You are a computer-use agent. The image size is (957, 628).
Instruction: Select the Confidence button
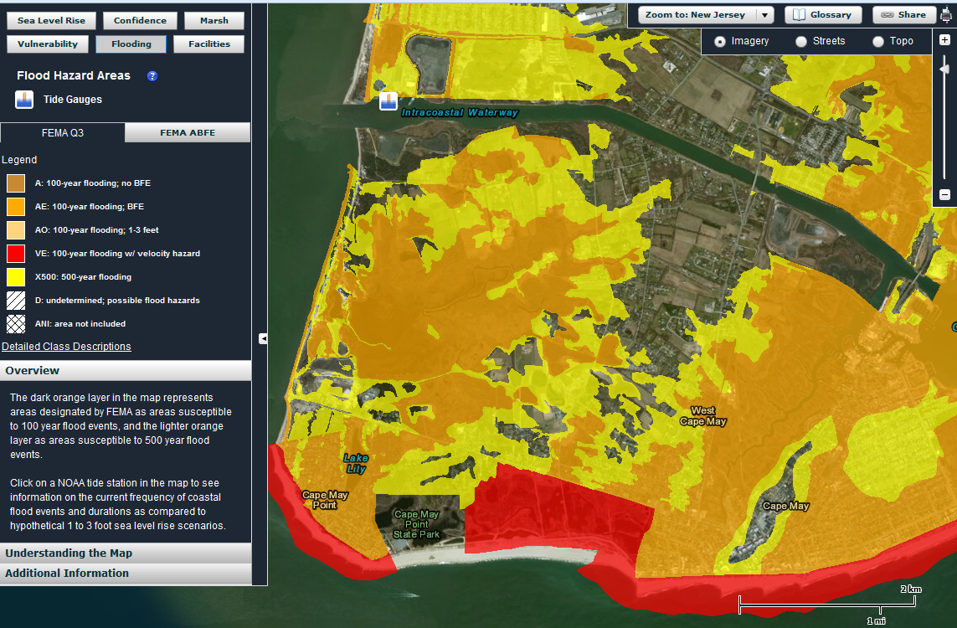[x=140, y=20]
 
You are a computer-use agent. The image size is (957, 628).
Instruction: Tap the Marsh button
[x=214, y=20]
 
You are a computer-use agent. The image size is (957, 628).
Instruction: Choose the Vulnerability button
[x=48, y=44]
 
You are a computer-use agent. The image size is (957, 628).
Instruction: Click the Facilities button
[x=208, y=44]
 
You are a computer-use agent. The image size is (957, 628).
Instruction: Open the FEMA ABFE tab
[x=188, y=132]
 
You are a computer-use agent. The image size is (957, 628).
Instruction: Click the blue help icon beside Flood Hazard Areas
[x=152, y=75]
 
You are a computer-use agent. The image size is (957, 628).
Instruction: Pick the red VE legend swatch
[x=16, y=253]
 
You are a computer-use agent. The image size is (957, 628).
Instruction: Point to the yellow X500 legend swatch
[x=16, y=276]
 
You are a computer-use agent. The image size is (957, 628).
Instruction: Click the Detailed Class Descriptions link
[x=66, y=347]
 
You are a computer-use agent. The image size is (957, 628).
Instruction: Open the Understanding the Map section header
[x=69, y=553]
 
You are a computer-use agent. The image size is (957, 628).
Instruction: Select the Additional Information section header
[x=67, y=574]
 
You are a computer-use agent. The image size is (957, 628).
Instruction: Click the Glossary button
[x=822, y=14]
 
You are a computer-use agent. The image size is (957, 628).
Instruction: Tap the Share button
[x=903, y=14]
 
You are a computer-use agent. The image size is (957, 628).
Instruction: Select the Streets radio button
[x=801, y=41]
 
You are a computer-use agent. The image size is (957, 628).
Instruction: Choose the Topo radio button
[x=878, y=41]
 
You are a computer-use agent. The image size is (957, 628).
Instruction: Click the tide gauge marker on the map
[x=388, y=101]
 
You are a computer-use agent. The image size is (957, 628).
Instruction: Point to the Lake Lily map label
[x=356, y=463]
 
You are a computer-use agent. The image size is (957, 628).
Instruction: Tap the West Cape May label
[x=702, y=416]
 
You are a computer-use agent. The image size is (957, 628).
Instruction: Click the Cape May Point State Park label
[x=416, y=524]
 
